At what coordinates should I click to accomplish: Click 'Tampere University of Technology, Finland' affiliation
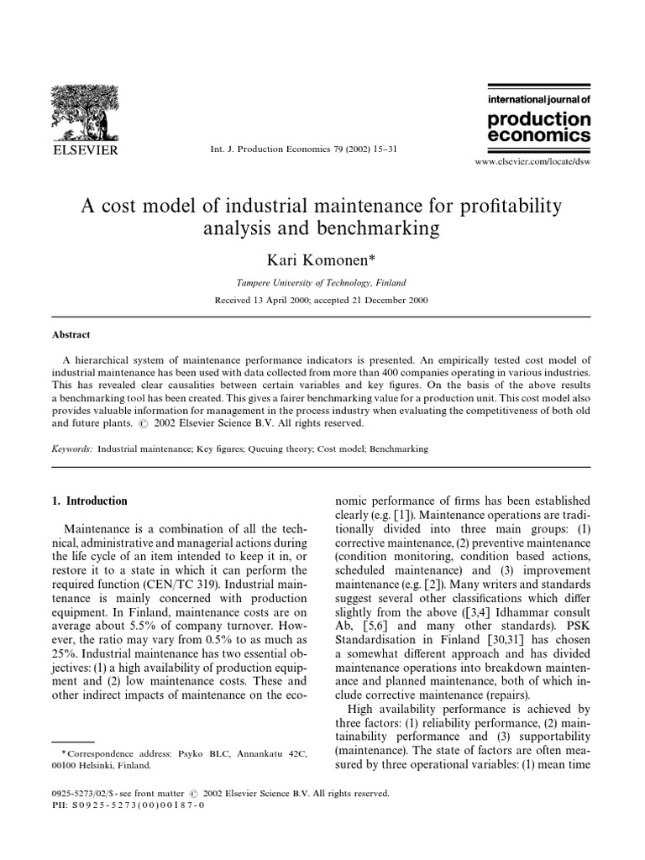[x=322, y=284]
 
